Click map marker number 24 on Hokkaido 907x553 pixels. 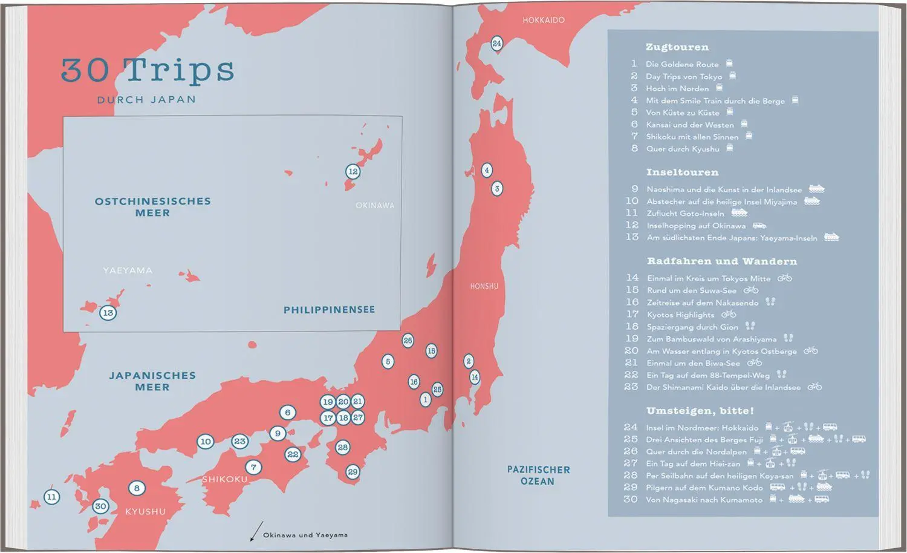pos(496,44)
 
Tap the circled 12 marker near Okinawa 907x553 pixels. pos(353,172)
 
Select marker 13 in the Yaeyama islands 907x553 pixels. pos(108,313)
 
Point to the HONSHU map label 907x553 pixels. pos(484,286)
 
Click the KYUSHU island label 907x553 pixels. pos(145,512)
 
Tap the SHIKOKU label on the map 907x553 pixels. pos(225,479)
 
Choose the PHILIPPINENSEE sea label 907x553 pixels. pos(329,310)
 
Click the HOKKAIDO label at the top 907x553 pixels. pos(544,21)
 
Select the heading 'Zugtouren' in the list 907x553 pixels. pos(677,47)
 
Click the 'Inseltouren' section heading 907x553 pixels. pos(682,172)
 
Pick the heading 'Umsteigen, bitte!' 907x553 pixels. pos(700,411)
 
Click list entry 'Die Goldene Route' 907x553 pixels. pos(682,64)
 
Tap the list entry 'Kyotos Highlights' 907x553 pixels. pos(680,315)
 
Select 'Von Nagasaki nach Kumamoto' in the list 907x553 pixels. pos(704,500)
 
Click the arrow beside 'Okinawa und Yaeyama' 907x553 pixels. pos(256,531)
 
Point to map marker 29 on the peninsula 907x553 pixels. pos(353,472)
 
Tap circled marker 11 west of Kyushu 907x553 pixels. pos(52,497)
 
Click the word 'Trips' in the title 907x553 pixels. pos(180,71)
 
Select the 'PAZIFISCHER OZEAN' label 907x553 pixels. pos(538,476)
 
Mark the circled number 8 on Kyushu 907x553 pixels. pos(137,488)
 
